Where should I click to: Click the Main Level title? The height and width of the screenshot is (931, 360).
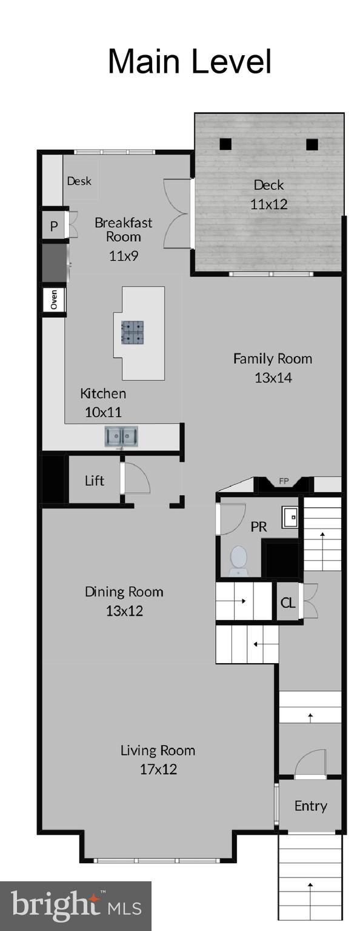tap(189, 62)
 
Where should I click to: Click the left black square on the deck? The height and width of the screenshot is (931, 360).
tap(225, 144)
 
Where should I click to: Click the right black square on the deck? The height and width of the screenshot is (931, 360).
tap(312, 144)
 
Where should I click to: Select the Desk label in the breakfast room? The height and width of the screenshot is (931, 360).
tap(79, 181)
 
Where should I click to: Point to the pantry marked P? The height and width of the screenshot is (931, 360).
tap(53, 227)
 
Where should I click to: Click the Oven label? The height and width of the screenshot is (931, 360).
tap(53, 299)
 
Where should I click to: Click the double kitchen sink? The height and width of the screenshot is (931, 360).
tap(121, 436)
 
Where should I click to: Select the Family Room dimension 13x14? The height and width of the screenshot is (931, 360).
tap(273, 378)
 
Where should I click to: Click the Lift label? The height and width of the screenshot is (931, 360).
tap(94, 481)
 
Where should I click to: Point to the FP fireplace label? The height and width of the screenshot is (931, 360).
tap(283, 482)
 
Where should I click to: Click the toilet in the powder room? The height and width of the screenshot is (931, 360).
tap(238, 560)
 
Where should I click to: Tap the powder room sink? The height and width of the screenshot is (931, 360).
tap(290, 517)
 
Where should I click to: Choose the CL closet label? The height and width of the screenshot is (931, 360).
tap(288, 603)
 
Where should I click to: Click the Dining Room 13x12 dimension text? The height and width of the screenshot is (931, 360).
tap(124, 610)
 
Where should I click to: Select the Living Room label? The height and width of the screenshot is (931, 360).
tap(158, 750)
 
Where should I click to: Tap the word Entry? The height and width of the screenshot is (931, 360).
tap(310, 806)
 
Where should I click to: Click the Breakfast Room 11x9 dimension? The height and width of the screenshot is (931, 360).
tap(124, 256)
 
